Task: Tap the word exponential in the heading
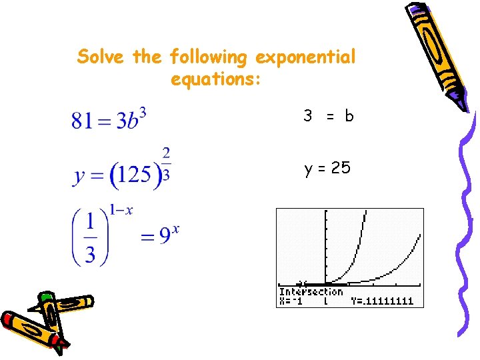point(305,58)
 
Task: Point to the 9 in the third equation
point(165,237)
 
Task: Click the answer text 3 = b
point(328,116)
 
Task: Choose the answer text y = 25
point(327,169)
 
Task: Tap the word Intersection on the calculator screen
point(310,292)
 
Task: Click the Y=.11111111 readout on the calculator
point(382,301)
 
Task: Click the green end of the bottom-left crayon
point(45,297)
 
